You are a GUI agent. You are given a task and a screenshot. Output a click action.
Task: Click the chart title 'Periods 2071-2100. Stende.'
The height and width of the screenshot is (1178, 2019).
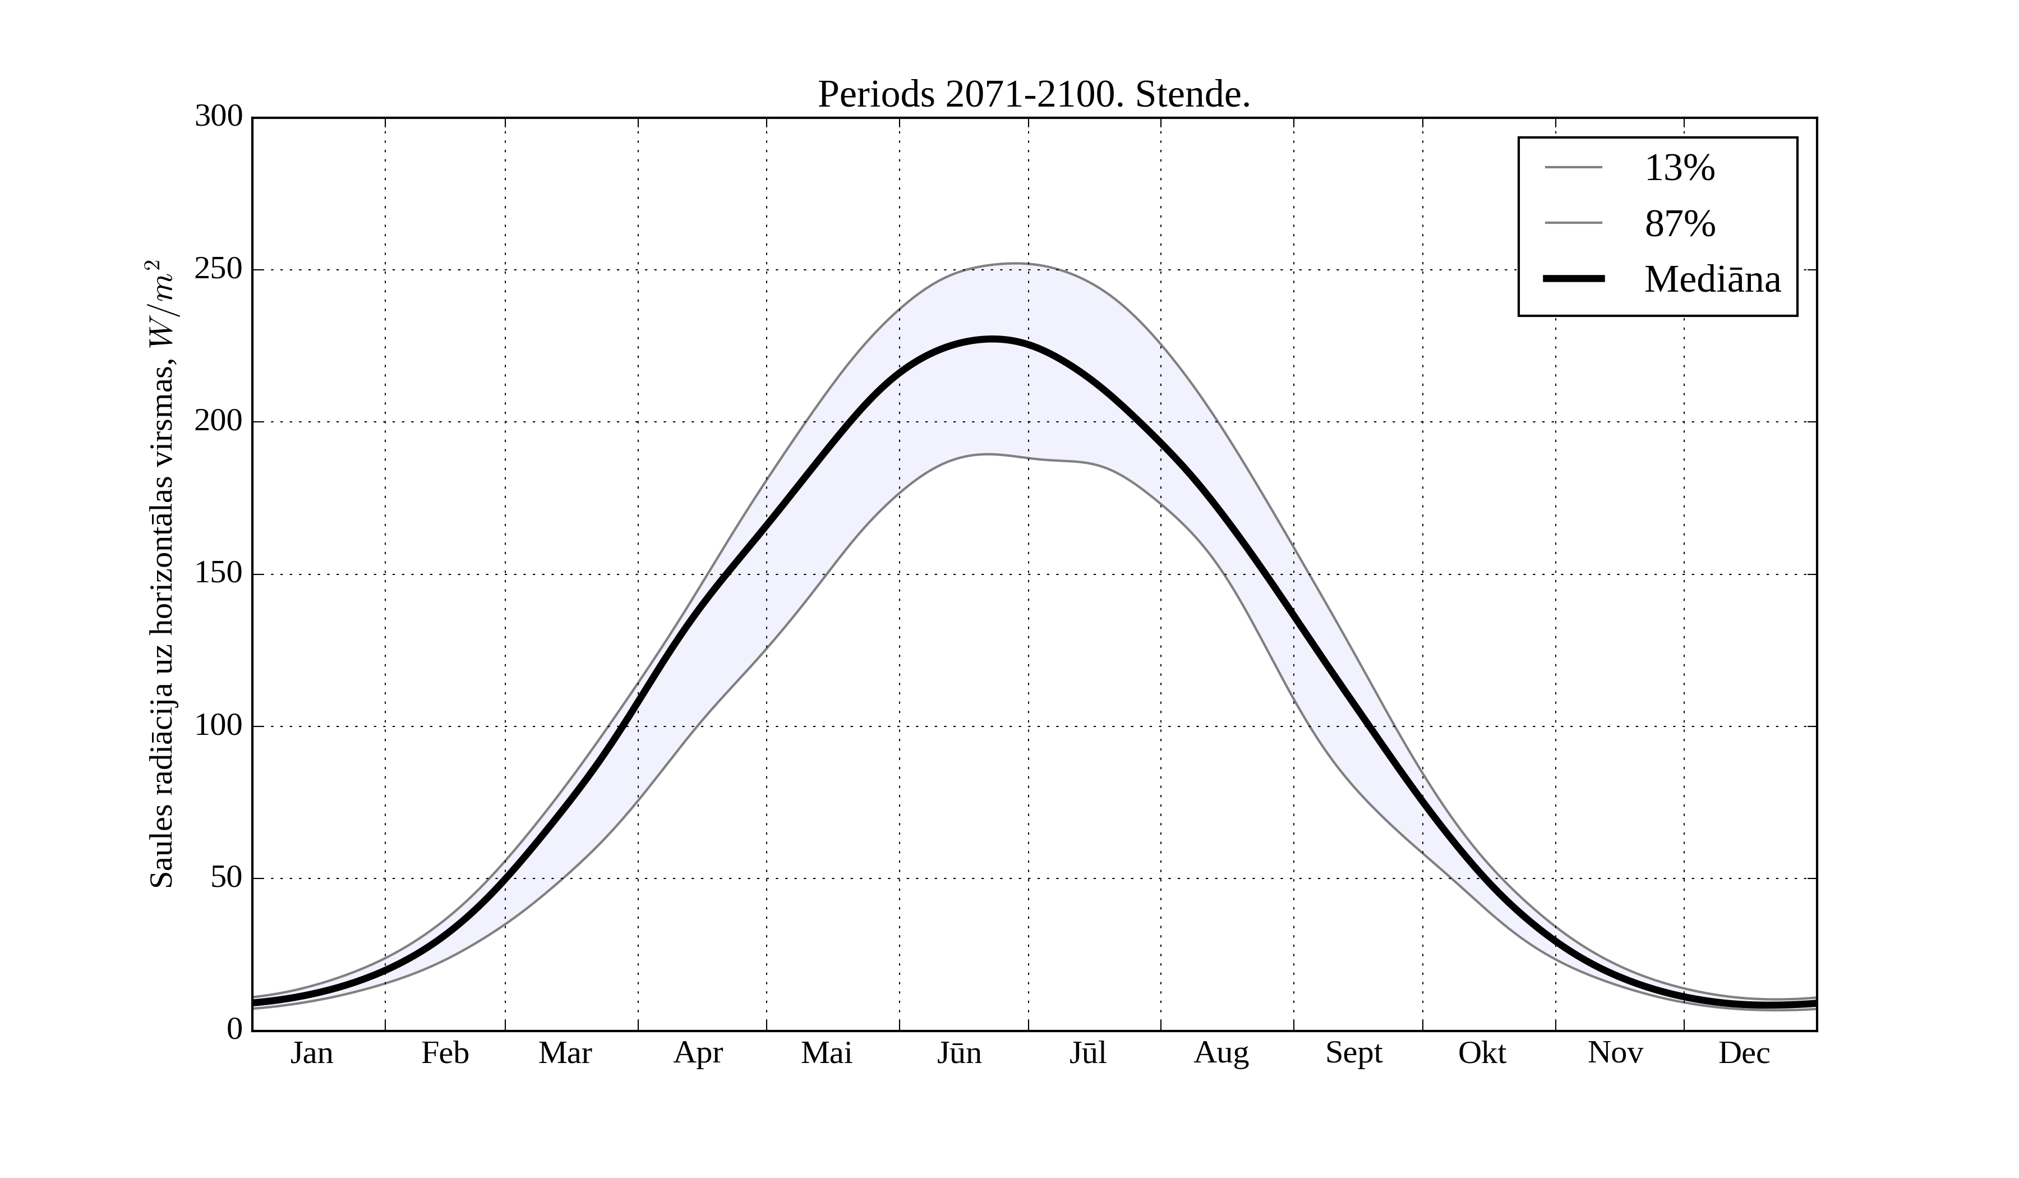point(1034,95)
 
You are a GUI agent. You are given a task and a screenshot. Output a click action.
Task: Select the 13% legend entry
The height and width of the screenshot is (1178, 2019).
point(1679,168)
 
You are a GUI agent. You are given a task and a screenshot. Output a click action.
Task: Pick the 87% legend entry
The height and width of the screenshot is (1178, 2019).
point(1679,224)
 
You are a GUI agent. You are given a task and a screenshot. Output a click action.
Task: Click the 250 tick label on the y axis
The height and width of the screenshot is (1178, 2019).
point(219,269)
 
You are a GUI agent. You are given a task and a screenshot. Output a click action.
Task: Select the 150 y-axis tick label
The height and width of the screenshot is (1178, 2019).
point(219,574)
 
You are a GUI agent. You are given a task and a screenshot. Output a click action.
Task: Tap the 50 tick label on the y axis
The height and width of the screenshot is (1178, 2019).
point(227,878)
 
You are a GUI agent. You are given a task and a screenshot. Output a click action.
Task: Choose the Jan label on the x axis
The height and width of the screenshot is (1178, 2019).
point(312,1053)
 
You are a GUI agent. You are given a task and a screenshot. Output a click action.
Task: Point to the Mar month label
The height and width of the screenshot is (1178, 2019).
point(565,1053)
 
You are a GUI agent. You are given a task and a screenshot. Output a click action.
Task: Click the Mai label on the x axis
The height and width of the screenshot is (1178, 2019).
point(826,1053)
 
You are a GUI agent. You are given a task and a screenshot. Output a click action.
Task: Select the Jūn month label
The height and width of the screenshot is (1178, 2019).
point(959,1053)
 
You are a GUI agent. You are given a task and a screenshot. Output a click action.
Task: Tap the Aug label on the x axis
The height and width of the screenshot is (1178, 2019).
point(1221,1053)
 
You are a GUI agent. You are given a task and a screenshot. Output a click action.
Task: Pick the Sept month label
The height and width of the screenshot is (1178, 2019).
point(1354,1053)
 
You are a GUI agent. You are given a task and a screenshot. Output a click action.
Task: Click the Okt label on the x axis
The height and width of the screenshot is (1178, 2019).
point(1482,1053)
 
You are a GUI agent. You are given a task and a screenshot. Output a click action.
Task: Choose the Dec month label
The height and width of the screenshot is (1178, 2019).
point(1744,1053)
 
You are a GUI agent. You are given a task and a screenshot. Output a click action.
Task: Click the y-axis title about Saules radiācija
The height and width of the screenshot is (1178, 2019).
point(162,574)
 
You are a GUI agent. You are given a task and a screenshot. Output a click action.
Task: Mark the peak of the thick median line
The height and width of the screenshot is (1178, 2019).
point(992,340)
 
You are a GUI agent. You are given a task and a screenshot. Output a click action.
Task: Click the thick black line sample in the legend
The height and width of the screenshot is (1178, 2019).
point(1574,279)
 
